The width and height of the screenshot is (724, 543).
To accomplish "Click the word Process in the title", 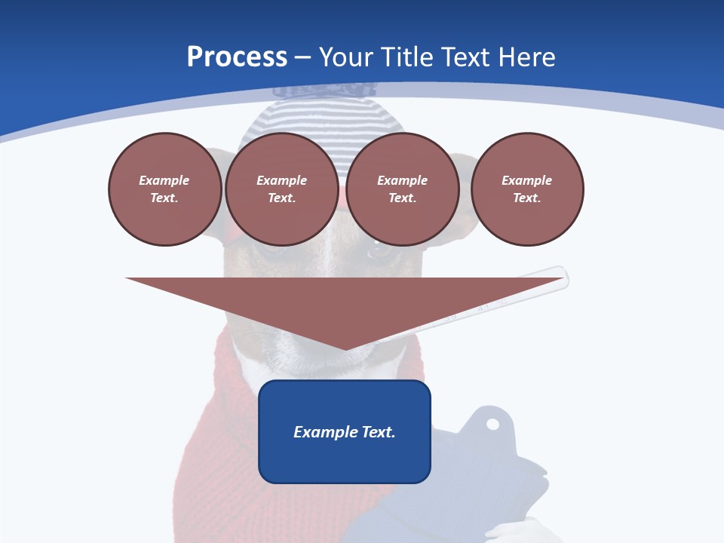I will tap(237, 57).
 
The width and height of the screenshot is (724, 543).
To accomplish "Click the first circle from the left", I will tap(164, 189).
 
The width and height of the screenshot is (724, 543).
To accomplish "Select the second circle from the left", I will tap(281, 189).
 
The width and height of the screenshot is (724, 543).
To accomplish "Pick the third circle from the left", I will tap(402, 189).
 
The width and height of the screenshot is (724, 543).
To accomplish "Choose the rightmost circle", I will tap(527, 189).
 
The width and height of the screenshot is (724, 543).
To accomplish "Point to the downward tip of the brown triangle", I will tap(345, 348).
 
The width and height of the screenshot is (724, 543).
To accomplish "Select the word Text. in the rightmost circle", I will tap(527, 198).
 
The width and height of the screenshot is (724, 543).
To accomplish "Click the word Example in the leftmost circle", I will tap(164, 180).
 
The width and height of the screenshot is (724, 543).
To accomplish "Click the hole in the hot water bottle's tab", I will tap(492, 424).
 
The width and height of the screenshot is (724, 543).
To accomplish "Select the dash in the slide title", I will tap(303, 58).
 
